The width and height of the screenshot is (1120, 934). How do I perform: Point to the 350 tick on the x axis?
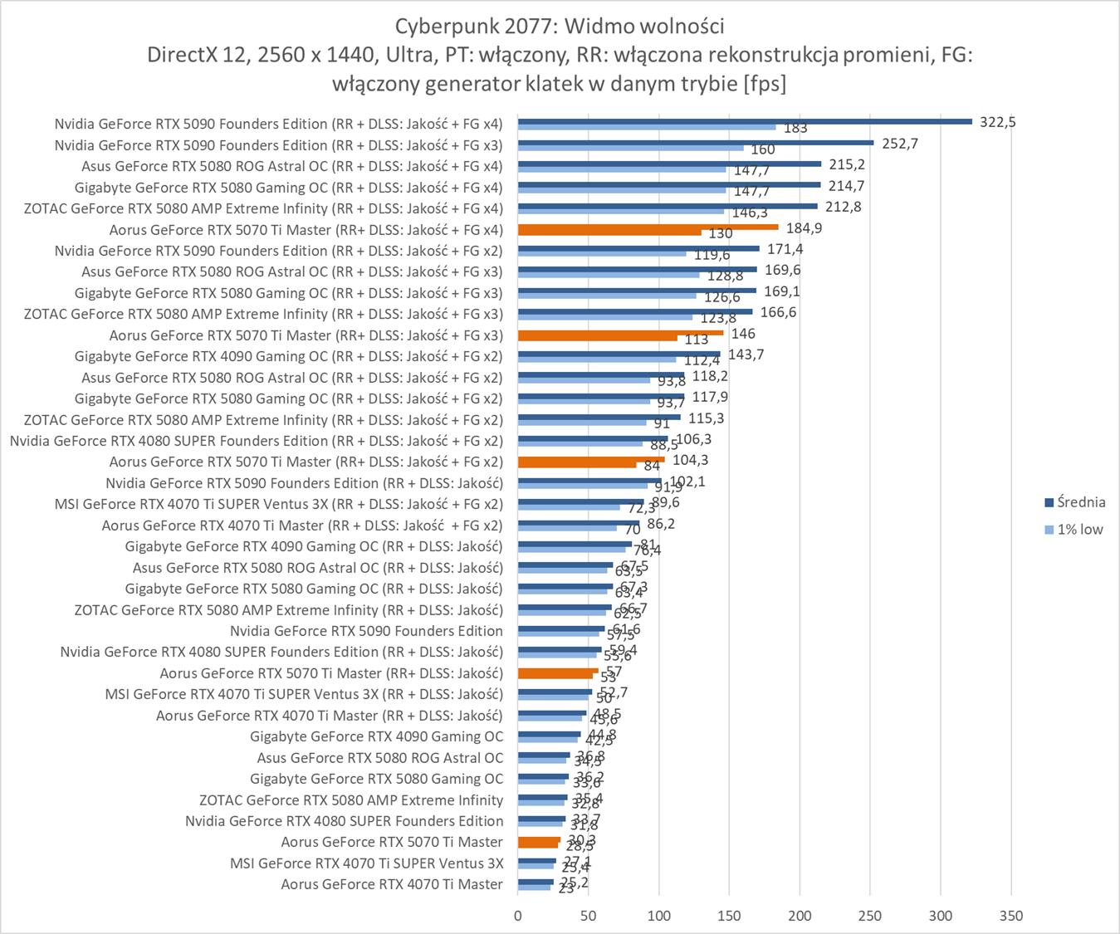[x=1011, y=916]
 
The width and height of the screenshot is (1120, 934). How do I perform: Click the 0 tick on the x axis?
[x=518, y=916]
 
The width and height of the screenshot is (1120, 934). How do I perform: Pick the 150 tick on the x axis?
[x=729, y=916]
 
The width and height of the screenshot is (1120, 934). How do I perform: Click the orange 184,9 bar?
[x=648, y=227]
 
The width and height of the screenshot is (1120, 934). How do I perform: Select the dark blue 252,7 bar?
[x=695, y=142]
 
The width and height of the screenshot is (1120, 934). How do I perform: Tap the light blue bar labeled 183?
[x=646, y=127]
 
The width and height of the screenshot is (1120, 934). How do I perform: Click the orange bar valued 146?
[x=620, y=332]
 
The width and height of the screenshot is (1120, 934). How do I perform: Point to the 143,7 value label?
[x=746, y=355]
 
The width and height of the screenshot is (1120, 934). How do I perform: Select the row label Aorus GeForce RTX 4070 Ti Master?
[x=392, y=884]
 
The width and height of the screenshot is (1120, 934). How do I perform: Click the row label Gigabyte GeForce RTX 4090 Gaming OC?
[x=376, y=736]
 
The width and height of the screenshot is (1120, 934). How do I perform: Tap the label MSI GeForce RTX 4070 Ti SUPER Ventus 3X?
[x=366, y=863]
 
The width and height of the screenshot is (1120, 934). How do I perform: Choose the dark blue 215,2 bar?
[x=669, y=164]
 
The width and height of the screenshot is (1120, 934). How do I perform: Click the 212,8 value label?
[x=843, y=207]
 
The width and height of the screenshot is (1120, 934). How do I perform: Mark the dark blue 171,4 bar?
[x=638, y=248]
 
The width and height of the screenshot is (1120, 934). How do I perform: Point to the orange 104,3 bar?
[x=591, y=459]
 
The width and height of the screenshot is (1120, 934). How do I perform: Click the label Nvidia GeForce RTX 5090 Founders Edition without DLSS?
[x=366, y=631]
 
